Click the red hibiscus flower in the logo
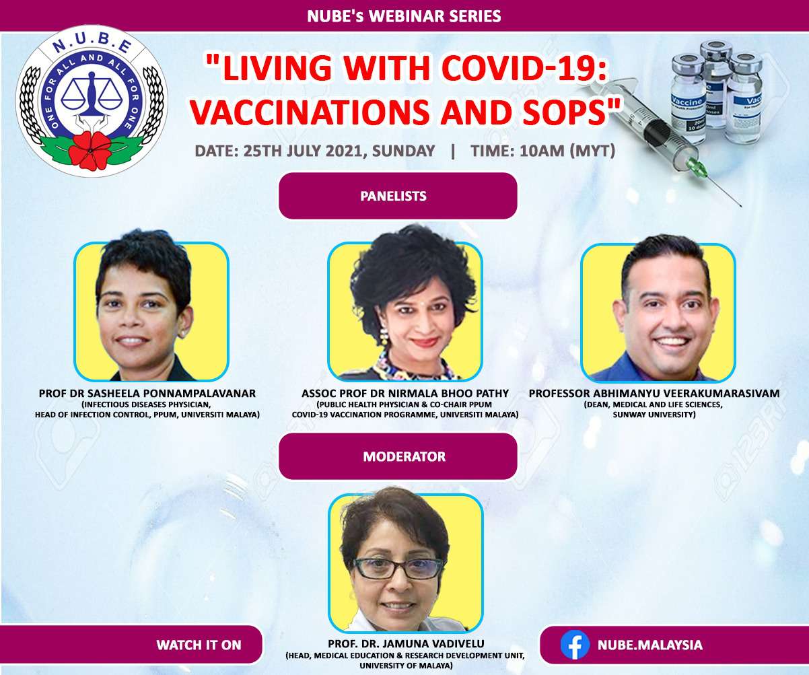[x=91, y=150]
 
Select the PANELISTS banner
[x=398, y=196]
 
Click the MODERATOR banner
[x=398, y=456]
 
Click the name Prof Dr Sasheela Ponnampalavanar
[x=147, y=393]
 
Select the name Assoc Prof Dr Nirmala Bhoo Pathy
[x=405, y=393]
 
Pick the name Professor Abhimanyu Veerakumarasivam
[x=654, y=393]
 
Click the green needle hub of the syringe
[x=697, y=168]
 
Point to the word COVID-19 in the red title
[x=524, y=68]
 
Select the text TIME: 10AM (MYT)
[x=543, y=150]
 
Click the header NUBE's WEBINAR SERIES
[x=404, y=16]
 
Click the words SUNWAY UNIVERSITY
[x=654, y=415]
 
